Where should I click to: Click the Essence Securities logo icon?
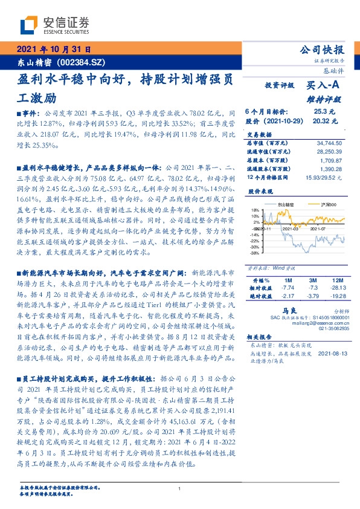point(27,26)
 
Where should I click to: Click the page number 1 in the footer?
point(180,488)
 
